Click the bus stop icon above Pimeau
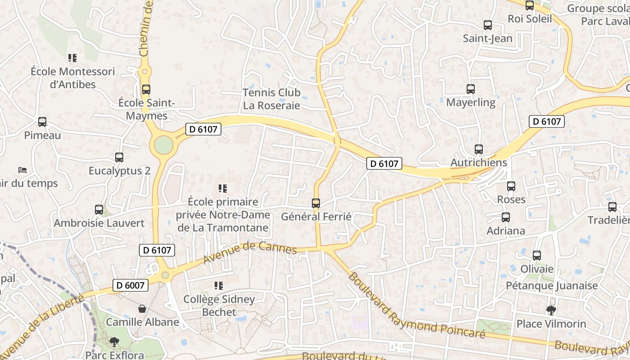coord(42,122)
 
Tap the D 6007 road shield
coord(130,285)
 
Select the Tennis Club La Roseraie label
coord(271,99)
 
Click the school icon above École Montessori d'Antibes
coord(72,58)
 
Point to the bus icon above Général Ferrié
coord(316,203)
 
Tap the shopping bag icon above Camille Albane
coord(142,309)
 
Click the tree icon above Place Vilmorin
coord(551,310)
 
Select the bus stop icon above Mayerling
coord(471,89)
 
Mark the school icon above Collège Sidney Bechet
coord(219,285)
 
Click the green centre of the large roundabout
coord(163,145)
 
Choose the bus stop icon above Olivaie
coord(537,256)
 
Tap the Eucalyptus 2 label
coord(119,171)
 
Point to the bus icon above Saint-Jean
coord(488,25)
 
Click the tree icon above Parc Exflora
coord(114,342)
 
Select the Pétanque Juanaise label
coord(552,285)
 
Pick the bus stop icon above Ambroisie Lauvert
coord(99,209)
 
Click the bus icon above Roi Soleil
coord(530,5)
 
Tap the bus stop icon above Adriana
coord(506,217)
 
